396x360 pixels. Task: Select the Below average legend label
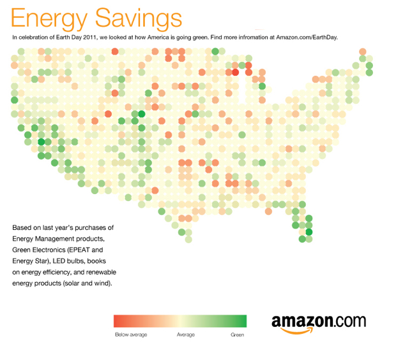130,334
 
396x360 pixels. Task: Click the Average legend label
186,334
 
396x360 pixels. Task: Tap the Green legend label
237,334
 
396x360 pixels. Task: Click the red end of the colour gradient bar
118,321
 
